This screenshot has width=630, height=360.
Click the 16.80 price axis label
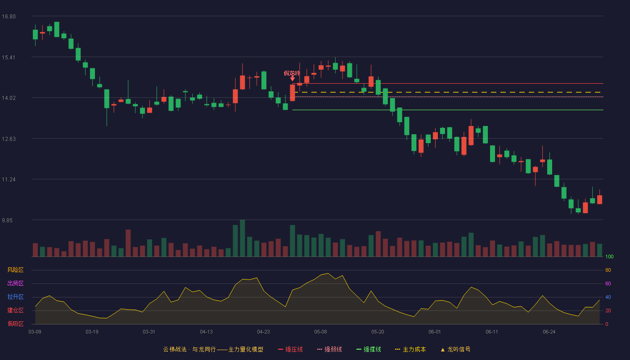click(9, 17)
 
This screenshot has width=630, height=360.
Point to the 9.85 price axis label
click(7, 220)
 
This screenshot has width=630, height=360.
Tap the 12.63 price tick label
click(9, 139)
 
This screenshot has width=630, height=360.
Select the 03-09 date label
click(35, 332)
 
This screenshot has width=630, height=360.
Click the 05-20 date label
click(378, 332)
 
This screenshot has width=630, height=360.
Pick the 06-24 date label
click(549, 332)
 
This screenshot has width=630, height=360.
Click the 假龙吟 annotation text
click(292, 73)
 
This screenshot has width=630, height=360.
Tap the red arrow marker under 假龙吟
click(292, 78)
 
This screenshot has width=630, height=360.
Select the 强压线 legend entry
click(291, 349)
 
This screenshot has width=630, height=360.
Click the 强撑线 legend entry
click(369, 349)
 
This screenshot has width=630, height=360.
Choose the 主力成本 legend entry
click(410, 349)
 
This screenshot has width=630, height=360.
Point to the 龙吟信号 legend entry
click(455, 349)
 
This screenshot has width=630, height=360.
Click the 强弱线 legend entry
click(329, 349)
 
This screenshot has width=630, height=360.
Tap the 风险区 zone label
click(15, 270)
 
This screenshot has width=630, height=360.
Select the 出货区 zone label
click(15, 283)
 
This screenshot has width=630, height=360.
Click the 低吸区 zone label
click(15, 324)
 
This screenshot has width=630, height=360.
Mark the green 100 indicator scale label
click(609, 256)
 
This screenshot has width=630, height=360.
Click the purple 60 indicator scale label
click(608, 283)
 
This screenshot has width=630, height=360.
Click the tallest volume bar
click(243, 238)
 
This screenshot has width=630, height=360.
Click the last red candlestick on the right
click(599, 199)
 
